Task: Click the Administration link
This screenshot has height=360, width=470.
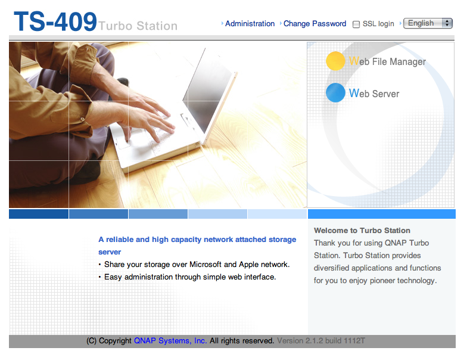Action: [250, 24]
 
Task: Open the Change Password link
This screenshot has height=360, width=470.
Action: [315, 24]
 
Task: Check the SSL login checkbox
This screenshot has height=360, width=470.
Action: [356, 24]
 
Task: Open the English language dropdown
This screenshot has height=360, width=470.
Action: [428, 23]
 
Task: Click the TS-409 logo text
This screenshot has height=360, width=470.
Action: [55, 21]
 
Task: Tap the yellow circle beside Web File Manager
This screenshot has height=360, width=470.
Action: [335, 61]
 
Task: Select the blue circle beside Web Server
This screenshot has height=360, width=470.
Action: [335, 93]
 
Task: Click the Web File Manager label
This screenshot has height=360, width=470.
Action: [387, 61]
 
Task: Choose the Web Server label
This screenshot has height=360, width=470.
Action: [374, 94]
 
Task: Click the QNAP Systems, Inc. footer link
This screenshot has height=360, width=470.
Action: [170, 341]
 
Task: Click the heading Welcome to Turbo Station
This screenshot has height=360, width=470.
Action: [362, 231]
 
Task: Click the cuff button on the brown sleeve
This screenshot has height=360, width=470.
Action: [82, 119]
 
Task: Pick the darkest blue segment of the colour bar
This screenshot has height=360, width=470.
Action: [39, 214]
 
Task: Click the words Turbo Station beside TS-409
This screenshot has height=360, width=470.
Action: [138, 26]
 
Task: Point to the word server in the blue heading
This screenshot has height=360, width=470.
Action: [110, 252]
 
